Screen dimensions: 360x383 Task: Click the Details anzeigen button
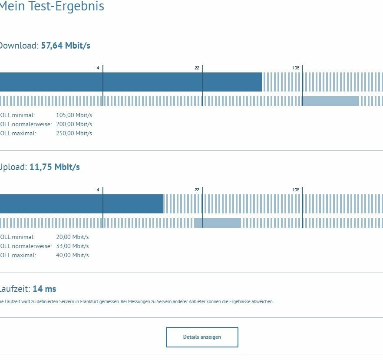(202, 337)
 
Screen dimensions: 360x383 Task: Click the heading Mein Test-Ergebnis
(52, 7)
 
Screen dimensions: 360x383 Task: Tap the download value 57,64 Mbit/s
(66, 46)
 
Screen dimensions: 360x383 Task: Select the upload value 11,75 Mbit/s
(55, 167)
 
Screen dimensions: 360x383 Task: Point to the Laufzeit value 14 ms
(44, 289)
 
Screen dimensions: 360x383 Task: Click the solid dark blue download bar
(130, 82)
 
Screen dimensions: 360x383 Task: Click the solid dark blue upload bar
(81, 204)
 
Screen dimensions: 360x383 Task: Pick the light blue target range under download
(330, 101)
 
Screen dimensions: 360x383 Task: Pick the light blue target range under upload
(217, 223)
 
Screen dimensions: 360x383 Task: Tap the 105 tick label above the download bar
(296, 68)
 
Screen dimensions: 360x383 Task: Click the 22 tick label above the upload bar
(197, 190)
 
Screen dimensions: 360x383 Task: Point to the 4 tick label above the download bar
(98, 68)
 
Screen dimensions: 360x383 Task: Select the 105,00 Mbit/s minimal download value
(74, 115)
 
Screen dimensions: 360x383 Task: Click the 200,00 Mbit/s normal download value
(74, 124)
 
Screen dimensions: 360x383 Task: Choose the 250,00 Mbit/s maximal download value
(74, 134)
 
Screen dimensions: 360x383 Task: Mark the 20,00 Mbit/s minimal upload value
(72, 237)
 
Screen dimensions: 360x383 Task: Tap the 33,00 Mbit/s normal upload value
(72, 246)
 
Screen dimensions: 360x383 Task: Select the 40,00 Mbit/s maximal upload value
(72, 255)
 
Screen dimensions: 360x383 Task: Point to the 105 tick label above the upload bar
(296, 190)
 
